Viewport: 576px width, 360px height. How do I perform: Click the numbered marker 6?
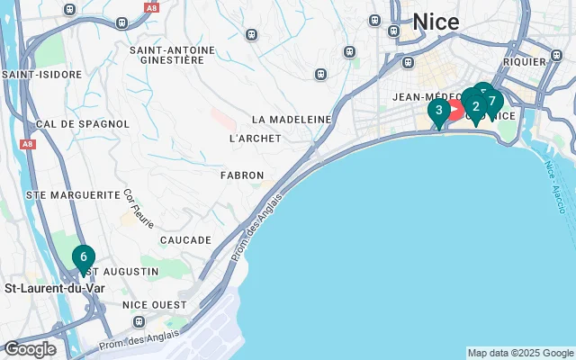(83, 257)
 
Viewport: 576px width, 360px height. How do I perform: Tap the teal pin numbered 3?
(438, 112)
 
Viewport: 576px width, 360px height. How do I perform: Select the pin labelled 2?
(475, 106)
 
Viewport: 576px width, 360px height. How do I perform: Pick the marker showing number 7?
(491, 100)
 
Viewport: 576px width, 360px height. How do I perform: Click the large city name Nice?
(436, 22)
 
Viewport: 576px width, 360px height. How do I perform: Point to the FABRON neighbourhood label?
(242, 175)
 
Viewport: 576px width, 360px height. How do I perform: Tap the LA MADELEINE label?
(292, 119)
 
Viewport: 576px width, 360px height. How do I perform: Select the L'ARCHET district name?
(256, 139)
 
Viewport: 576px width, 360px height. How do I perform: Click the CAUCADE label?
(185, 240)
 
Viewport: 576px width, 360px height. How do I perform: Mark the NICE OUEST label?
(155, 306)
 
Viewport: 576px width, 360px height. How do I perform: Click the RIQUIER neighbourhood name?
(526, 62)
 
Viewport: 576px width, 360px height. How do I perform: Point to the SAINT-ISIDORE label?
(37, 75)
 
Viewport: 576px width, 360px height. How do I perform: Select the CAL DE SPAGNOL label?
(73, 124)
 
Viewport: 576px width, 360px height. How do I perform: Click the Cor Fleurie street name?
(139, 208)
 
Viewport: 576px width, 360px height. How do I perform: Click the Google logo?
(30, 349)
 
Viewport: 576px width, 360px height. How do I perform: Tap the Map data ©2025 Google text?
(520, 353)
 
